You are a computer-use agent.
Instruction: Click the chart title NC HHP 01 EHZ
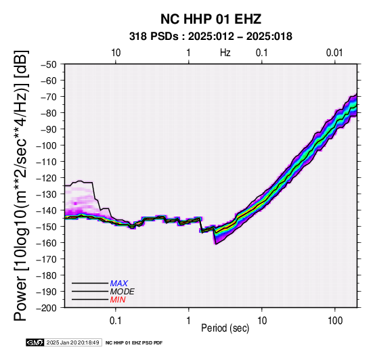point(211,19)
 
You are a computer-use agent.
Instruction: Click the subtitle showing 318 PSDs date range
point(211,37)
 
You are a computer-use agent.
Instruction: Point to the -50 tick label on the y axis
point(49,64)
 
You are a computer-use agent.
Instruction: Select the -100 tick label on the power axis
point(47,145)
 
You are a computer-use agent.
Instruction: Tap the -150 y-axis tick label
point(47,227)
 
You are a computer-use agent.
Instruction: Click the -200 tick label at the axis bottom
point(47,308)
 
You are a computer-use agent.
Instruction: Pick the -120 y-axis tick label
point(47,178)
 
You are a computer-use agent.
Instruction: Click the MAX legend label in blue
point(119,284)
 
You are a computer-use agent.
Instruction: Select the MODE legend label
point(123,292)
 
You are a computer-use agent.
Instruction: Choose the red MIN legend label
point(118,300)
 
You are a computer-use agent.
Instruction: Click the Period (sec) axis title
point(225,328)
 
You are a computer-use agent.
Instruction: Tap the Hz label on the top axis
point(225,53)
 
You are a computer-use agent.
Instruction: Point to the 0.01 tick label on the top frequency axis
point(334,53)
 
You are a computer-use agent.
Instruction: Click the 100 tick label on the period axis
point(335,321)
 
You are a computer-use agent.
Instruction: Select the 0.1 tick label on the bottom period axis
point(116,321)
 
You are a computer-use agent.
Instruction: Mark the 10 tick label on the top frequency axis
point(116,53)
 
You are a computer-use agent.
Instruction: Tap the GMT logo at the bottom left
point(35,342)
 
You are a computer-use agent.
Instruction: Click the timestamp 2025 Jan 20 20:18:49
point(73,342)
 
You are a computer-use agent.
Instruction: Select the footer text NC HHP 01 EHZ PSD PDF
point(134,343)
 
